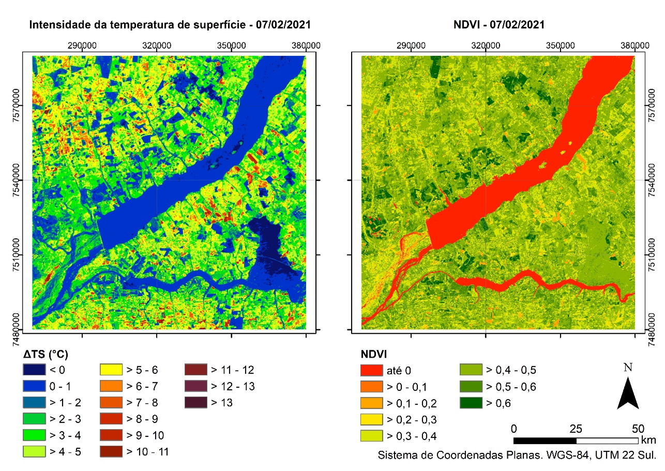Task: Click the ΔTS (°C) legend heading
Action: [46, 355]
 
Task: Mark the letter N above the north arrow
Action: [628, 368]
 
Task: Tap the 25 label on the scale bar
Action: [576, 429]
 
